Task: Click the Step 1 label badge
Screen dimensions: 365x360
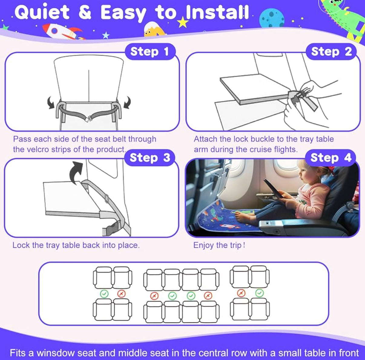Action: pyautogui.click(x=150, y=51)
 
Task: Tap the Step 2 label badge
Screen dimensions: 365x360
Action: pyautogui.click(x=331, y=51)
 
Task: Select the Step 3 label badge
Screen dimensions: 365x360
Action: pyautogui.click(x=150, y=158)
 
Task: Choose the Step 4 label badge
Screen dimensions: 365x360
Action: pyautogui.click(x=331, y=158)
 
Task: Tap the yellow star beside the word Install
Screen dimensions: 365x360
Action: pyautogui.click(x=183, y=22)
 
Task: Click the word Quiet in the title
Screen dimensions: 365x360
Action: pyautogui.click(x=42, y=12)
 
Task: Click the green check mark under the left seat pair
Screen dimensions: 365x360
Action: pyautogui.click(x=104, y=294)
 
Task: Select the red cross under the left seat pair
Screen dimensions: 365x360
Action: pyautogui.click(x=121, y=294)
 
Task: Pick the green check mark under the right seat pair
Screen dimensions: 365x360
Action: pyautogui.click(x=259, y=293)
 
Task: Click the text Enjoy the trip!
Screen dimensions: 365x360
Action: pyautogui.click(x=219, y=245)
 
